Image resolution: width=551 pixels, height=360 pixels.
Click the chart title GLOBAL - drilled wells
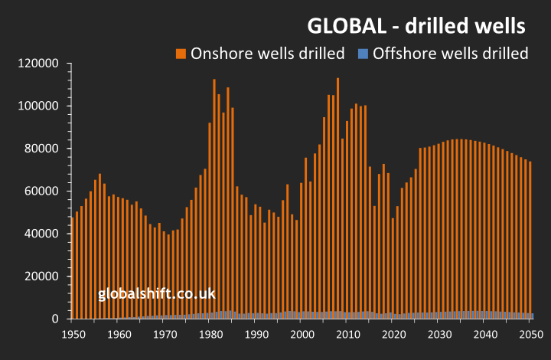tap(416, 25)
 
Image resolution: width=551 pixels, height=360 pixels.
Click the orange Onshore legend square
tap(181, 54)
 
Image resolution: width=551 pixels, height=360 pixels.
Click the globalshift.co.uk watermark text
tap(157, 293)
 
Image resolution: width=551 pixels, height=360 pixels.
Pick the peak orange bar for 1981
tap(214, 191)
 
